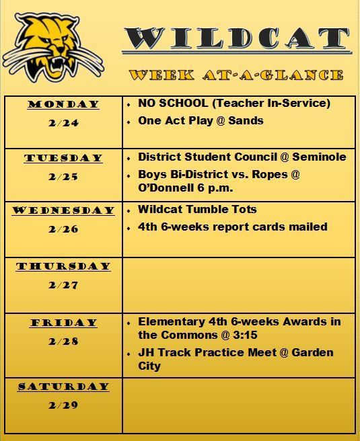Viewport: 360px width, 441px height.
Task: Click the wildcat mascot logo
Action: (53, 48)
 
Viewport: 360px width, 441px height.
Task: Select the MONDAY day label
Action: (63, 104)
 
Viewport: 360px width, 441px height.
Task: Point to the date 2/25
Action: (63, 177)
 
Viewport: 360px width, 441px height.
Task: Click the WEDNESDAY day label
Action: (63, 210)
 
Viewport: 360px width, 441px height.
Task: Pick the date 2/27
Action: (63, 285)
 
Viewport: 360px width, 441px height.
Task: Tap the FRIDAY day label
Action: (64, 323)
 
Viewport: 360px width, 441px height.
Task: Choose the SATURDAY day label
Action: (63, 387)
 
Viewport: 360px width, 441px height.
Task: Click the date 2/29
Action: (63, 405)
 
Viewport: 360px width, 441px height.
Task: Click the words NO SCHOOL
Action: (173, 103)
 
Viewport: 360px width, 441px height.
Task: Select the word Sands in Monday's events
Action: (246, 120)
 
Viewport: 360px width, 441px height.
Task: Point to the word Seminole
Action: (319, 157)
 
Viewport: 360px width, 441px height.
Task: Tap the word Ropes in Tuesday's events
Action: (269, 175)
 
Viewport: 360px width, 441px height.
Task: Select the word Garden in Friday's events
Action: (312, 352)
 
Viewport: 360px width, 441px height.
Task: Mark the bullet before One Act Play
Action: (129, 122)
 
